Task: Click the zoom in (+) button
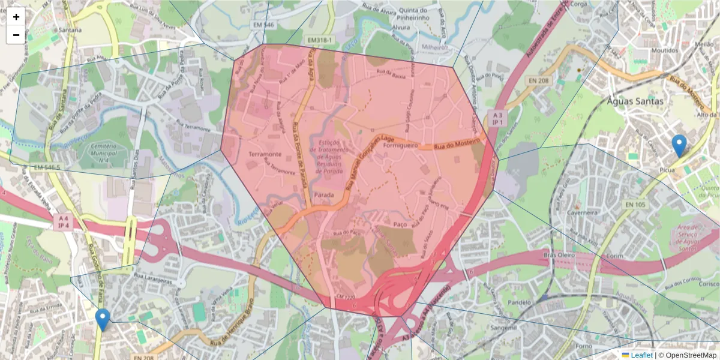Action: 16,17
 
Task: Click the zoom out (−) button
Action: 16,35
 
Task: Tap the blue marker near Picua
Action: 679,146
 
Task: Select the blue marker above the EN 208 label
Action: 103,319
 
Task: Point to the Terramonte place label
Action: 265,154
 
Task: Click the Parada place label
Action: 324,196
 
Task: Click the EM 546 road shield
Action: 265,25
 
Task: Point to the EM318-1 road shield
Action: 319,40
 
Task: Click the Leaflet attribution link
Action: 641,355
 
